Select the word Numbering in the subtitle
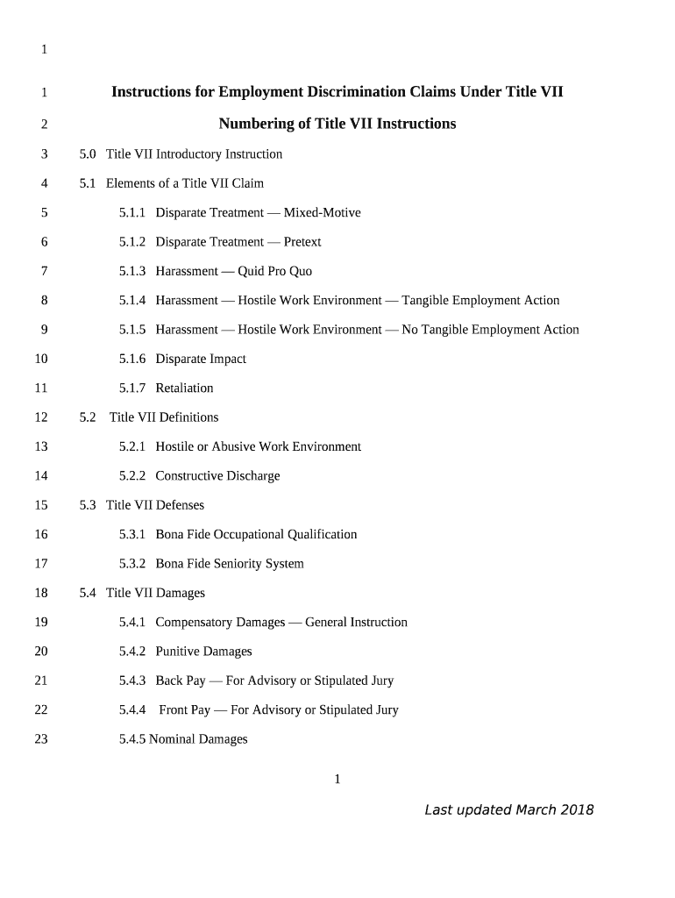257,124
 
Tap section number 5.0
88,154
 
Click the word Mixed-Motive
322,213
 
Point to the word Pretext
302,242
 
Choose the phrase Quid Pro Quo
274,271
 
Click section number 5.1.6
133,359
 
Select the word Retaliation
184,388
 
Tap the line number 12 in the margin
41,417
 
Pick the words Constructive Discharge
217,476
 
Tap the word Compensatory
220,623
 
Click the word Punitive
177,652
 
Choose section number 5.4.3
133,681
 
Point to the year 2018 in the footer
578,809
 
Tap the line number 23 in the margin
41,739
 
